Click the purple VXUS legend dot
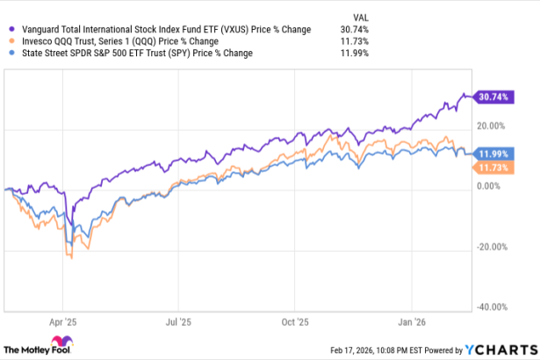point(9,29)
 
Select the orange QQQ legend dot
point(9,40)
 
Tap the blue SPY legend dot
point(9,53)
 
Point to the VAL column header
point(360,15)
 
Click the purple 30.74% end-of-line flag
point(492,96)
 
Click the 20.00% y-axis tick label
point(494,126)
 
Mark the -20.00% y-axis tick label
point(493,247)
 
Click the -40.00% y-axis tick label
point(493,307)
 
